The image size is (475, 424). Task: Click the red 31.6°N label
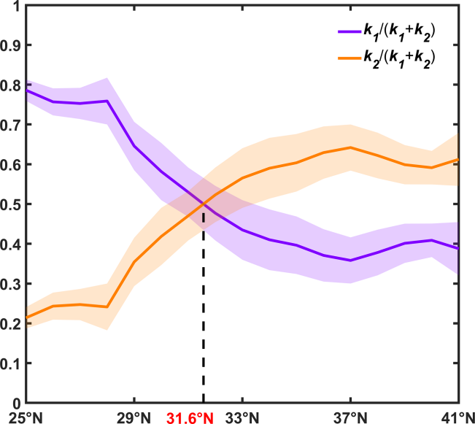(x=190, y=417)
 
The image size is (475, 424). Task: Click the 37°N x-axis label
(x=350, y=417)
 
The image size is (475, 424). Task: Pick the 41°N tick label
(x=457, y=417)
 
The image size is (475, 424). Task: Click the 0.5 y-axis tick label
(x=11, y=204)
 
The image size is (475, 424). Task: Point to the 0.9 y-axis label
(x=11, y=45)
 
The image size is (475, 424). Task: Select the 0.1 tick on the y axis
(x=11, y=363)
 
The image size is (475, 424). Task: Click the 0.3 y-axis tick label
(x=11, y=284)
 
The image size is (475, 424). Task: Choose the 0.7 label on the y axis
(x=11, y=125)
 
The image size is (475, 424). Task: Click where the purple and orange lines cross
(x=204, y=204)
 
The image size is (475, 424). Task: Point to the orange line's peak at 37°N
(x=350, y=147)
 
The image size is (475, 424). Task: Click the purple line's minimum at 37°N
(x=350, y=261)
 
